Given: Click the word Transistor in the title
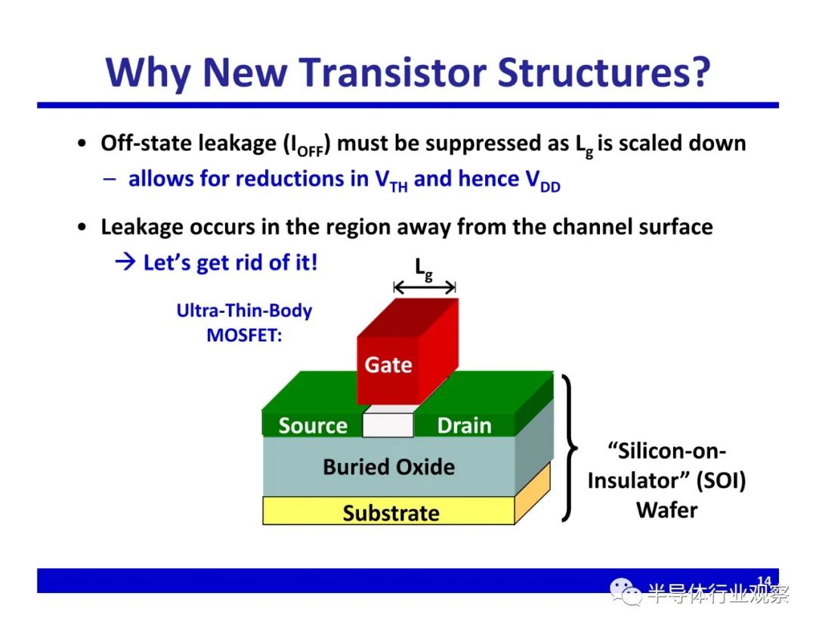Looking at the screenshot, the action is [394, 72].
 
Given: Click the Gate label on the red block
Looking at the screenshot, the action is [388, 365].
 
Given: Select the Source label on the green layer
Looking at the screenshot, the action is [313, 425].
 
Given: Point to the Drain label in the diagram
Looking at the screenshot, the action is [464, 425].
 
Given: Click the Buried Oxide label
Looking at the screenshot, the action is [389, 467].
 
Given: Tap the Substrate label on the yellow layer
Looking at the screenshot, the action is [391, 513].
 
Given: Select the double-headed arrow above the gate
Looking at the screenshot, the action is [425, 286].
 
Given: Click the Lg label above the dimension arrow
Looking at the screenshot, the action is [424, 270].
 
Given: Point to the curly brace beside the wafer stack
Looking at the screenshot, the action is [569, 447].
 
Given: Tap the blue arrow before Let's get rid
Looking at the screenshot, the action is [125, 261].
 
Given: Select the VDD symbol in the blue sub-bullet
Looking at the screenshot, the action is [542, 181].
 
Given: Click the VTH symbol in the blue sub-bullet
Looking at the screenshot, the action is [391, 181].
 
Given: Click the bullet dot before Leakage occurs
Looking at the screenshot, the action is [81, 227].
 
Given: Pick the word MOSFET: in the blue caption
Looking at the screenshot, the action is [244, 335].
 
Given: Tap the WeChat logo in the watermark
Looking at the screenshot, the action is [625, 591].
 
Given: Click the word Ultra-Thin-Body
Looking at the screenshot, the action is [244, 310].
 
